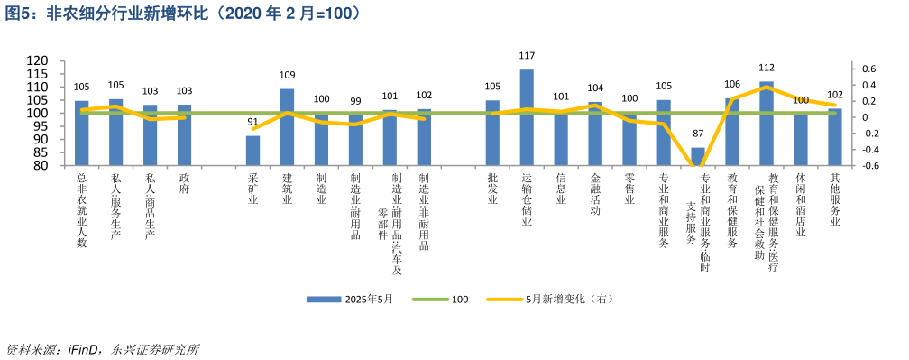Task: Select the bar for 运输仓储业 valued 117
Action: point(527,117)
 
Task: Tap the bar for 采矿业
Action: point(252,151)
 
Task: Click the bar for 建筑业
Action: point(287,126)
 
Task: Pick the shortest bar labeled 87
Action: point(698,157)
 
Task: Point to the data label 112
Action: point(767,68)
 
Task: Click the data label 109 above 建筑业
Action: point(287,75)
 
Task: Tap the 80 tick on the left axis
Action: point(41,166)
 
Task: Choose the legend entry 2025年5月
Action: point(351,299)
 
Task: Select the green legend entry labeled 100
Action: point(441,299)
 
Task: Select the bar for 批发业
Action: point(492,133)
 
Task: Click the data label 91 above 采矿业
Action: point(252,122)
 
